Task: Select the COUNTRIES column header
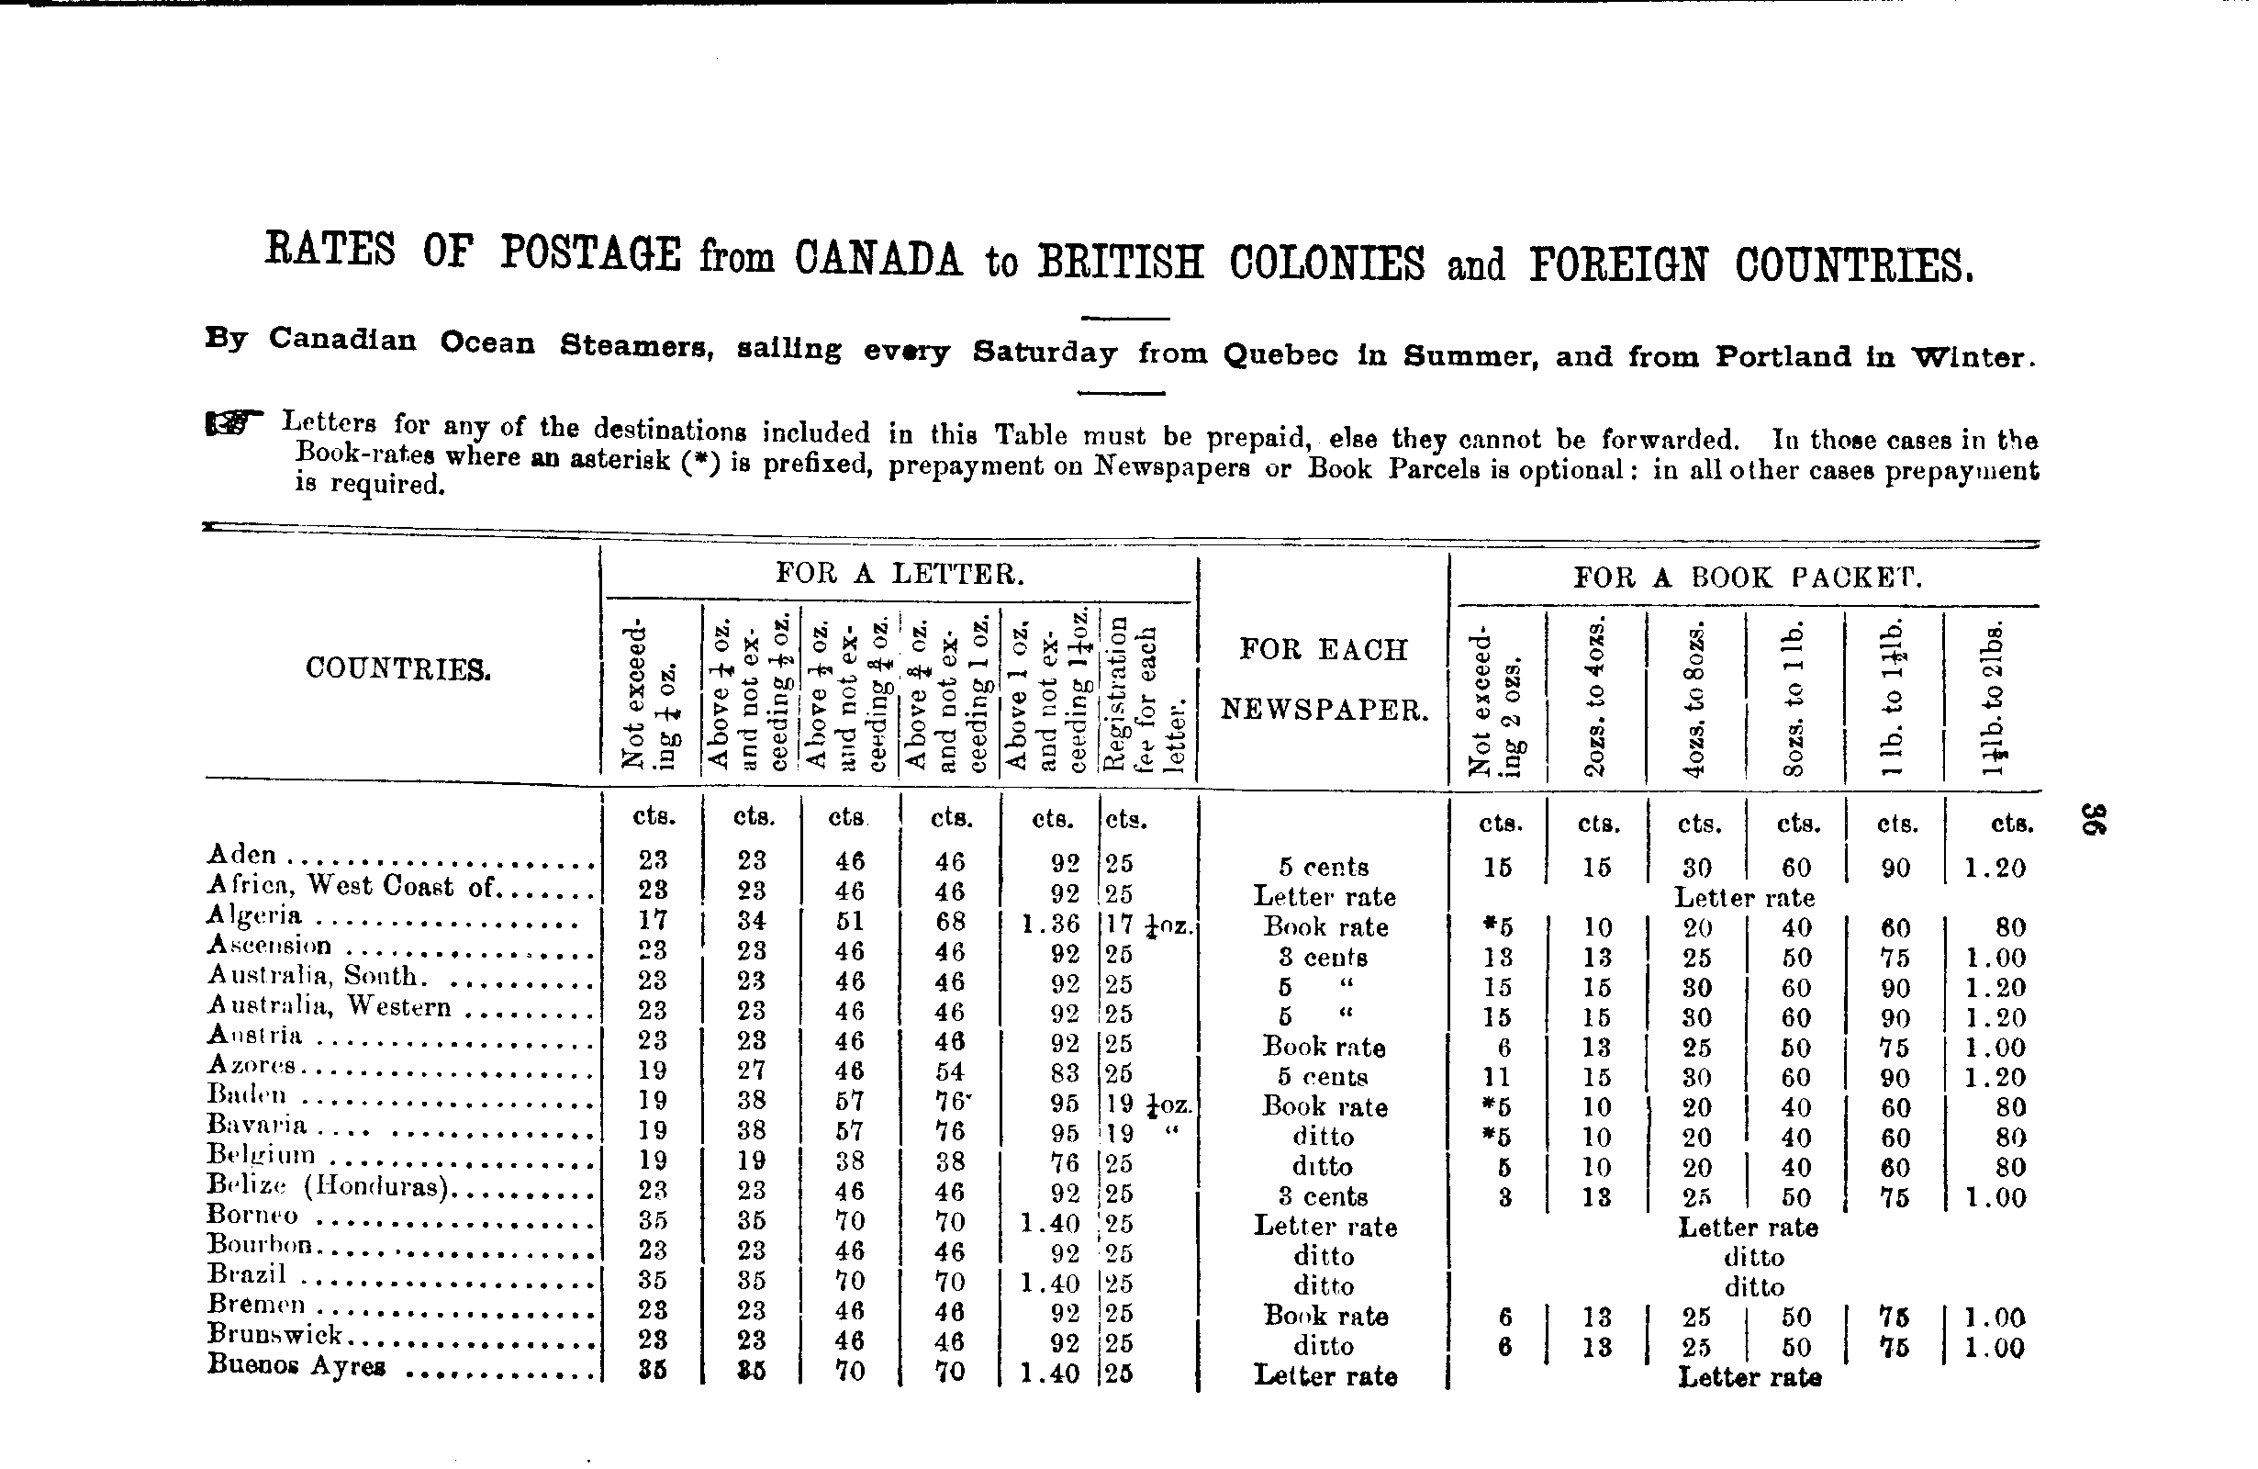click(397, 669)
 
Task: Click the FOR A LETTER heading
click(900, 573)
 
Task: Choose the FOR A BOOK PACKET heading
click(1747, 578)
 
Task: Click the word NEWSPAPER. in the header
click(1324, 710)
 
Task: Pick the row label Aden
click(242, 854)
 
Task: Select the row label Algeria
click(254, 914)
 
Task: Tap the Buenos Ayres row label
click(296, 1365)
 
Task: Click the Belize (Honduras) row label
click(328, 1185)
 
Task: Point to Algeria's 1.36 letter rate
click(1050, 923)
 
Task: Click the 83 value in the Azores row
click(1066, 1072)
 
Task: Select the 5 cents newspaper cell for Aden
click(1324, 867)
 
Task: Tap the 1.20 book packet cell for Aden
click(1995, 868)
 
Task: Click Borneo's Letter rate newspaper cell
click(1325, 1226)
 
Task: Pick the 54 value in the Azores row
click(950, 1072)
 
